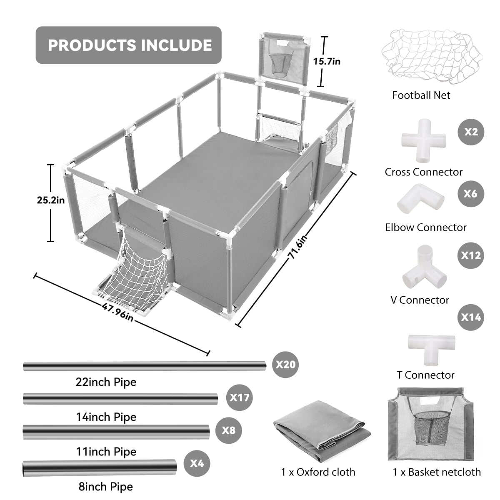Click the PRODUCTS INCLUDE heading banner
point(128,45)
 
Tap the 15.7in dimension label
point(327,61)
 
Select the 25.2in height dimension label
point(51,200)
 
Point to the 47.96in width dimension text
point(117,311)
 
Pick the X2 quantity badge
point(471,132)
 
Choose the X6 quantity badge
point(471,194)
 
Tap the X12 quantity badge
point(471,255)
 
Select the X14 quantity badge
point(471,317)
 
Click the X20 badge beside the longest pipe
point(285,365)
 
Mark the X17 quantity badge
point(240,397)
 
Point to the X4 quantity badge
point(197,463)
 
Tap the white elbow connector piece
point(420,199)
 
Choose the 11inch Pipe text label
point(106,452)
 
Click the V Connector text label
point(420,300)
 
